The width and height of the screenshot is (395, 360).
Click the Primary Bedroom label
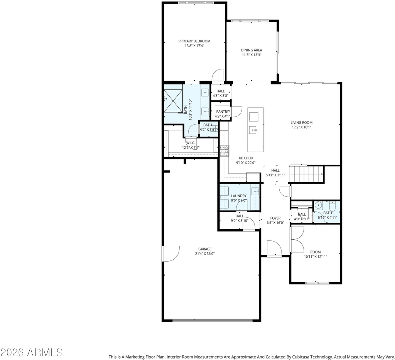coord(194,41)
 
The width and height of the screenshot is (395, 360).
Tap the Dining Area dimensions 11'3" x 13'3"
coord(252,55)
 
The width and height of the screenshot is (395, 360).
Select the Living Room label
coord(302,122)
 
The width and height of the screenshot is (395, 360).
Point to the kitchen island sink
coord(253,130)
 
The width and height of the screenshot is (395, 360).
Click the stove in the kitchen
coord(225,150)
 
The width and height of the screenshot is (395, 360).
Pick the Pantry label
coord(223,112)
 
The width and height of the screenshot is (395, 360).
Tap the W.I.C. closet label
coord(191,143)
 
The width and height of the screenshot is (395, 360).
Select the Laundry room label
coord(239,196)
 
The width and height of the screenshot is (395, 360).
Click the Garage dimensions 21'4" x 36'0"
coord(205,254)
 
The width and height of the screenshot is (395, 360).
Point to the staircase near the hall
coord(306,174)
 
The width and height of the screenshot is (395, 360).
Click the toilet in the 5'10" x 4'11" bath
coord(333,206)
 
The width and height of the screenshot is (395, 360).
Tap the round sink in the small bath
coord(318,205)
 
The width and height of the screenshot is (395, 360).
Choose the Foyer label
coord(275,218)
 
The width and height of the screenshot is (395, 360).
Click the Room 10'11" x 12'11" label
coord(316,252)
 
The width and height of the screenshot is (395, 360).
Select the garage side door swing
coord(171,254)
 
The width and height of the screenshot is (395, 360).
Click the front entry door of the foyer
coord(274,248)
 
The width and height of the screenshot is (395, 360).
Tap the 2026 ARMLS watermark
coord(31,352)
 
